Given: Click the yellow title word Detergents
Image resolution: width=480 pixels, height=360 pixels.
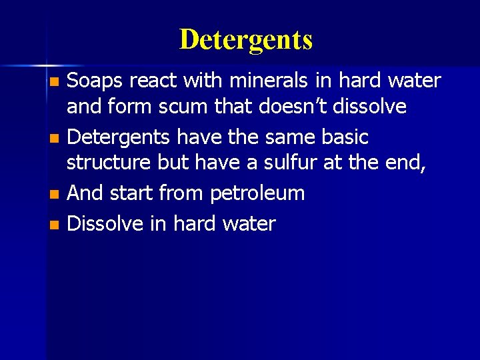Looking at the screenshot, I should [245, 40].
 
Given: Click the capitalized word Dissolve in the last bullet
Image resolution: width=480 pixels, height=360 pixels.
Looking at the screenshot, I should [105, 223].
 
